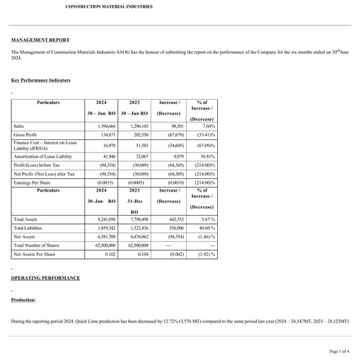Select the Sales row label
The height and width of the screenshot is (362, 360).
tap(19, 126)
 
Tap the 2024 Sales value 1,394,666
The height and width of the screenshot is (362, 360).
tap(104, 126)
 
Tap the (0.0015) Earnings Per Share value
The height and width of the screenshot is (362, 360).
tap(106, 182)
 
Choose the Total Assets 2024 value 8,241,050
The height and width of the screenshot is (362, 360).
tap(104, 220)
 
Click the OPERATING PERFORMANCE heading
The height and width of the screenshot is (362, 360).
tap(45, 278)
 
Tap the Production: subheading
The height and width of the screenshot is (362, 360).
tap(23, 300)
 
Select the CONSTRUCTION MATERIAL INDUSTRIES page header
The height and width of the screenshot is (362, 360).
tap(110, 6)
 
